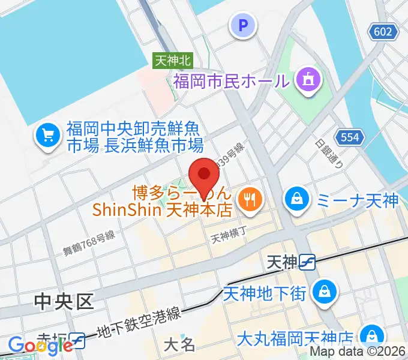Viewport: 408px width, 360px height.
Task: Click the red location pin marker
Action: click(204, 175)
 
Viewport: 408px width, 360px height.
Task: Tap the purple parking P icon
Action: click(243, 25)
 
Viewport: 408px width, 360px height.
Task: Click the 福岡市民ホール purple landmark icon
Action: click(309, 79)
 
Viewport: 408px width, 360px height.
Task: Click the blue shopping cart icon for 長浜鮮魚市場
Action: click(48, 136)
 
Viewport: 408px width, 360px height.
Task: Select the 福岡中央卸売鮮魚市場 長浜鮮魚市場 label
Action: click(135, 137)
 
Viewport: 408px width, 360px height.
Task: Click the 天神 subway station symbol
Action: click(308, 262)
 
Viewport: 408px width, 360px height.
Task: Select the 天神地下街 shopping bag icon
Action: click(325, 291)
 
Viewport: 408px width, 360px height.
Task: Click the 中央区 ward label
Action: click(64, 301)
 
